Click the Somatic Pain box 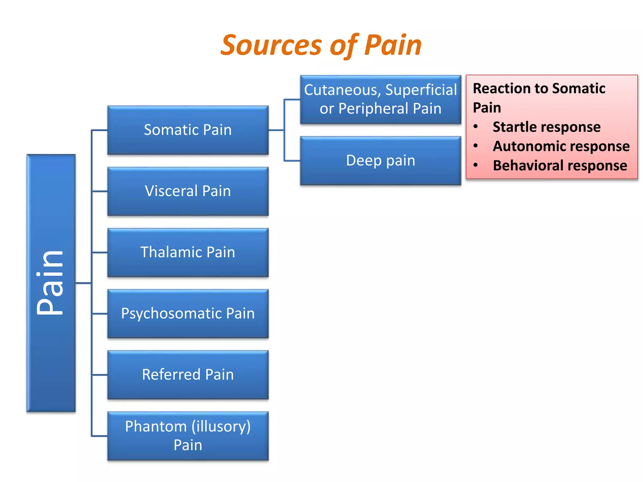tap(188, 130)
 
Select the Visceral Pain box tap(188, 191)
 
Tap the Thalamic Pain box tap(188, 252)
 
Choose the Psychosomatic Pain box tap(188, 313)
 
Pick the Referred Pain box tap(188, 375)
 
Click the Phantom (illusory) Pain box tap(188, 436)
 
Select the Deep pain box tap(381, 161)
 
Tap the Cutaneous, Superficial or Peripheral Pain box tap(381, 99)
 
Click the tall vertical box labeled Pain tap(51, 283)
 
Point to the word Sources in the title tap(271, 46)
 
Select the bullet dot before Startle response tap(476, 126)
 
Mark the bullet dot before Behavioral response tap(476, 165)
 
